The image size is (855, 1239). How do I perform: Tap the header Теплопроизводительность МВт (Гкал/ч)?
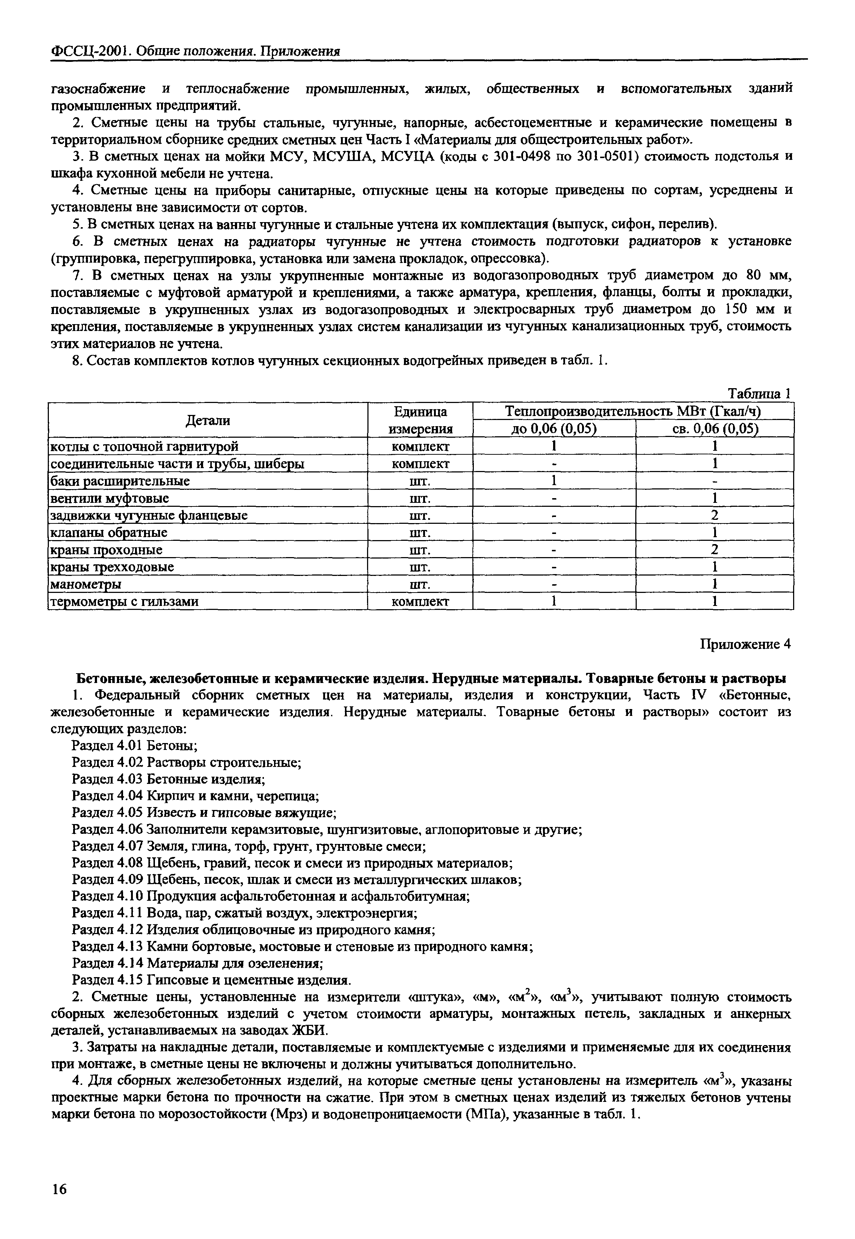point(633,411)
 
